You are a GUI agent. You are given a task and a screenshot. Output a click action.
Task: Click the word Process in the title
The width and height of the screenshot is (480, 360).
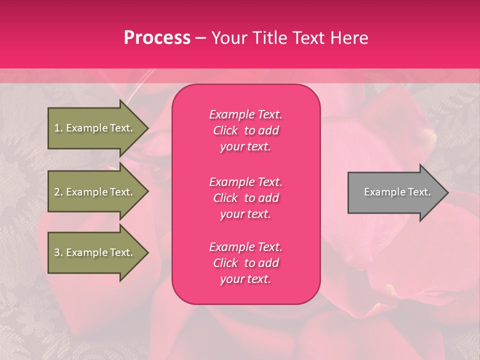coord(157,38)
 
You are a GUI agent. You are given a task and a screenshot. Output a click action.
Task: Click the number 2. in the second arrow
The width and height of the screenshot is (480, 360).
coord(58,192)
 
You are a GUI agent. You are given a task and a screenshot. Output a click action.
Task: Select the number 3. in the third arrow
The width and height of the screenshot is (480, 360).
coord(58,252)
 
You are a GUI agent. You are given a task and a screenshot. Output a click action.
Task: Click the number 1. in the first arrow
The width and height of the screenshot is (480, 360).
coord(58,128)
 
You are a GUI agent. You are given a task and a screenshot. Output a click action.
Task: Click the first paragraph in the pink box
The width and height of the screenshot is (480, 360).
coord(245,130)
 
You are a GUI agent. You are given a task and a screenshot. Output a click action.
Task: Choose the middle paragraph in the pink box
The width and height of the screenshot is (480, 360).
coord(245,198)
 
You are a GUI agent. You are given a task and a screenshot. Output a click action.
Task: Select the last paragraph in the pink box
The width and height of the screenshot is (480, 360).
coord(245,263)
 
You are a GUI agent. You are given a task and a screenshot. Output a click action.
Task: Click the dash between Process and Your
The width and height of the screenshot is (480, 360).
coord(200,38)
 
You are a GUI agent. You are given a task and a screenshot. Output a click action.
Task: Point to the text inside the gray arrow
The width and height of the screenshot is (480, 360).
coord(397,192)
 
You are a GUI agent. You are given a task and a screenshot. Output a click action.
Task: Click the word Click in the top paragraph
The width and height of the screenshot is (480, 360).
coord(225,130)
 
